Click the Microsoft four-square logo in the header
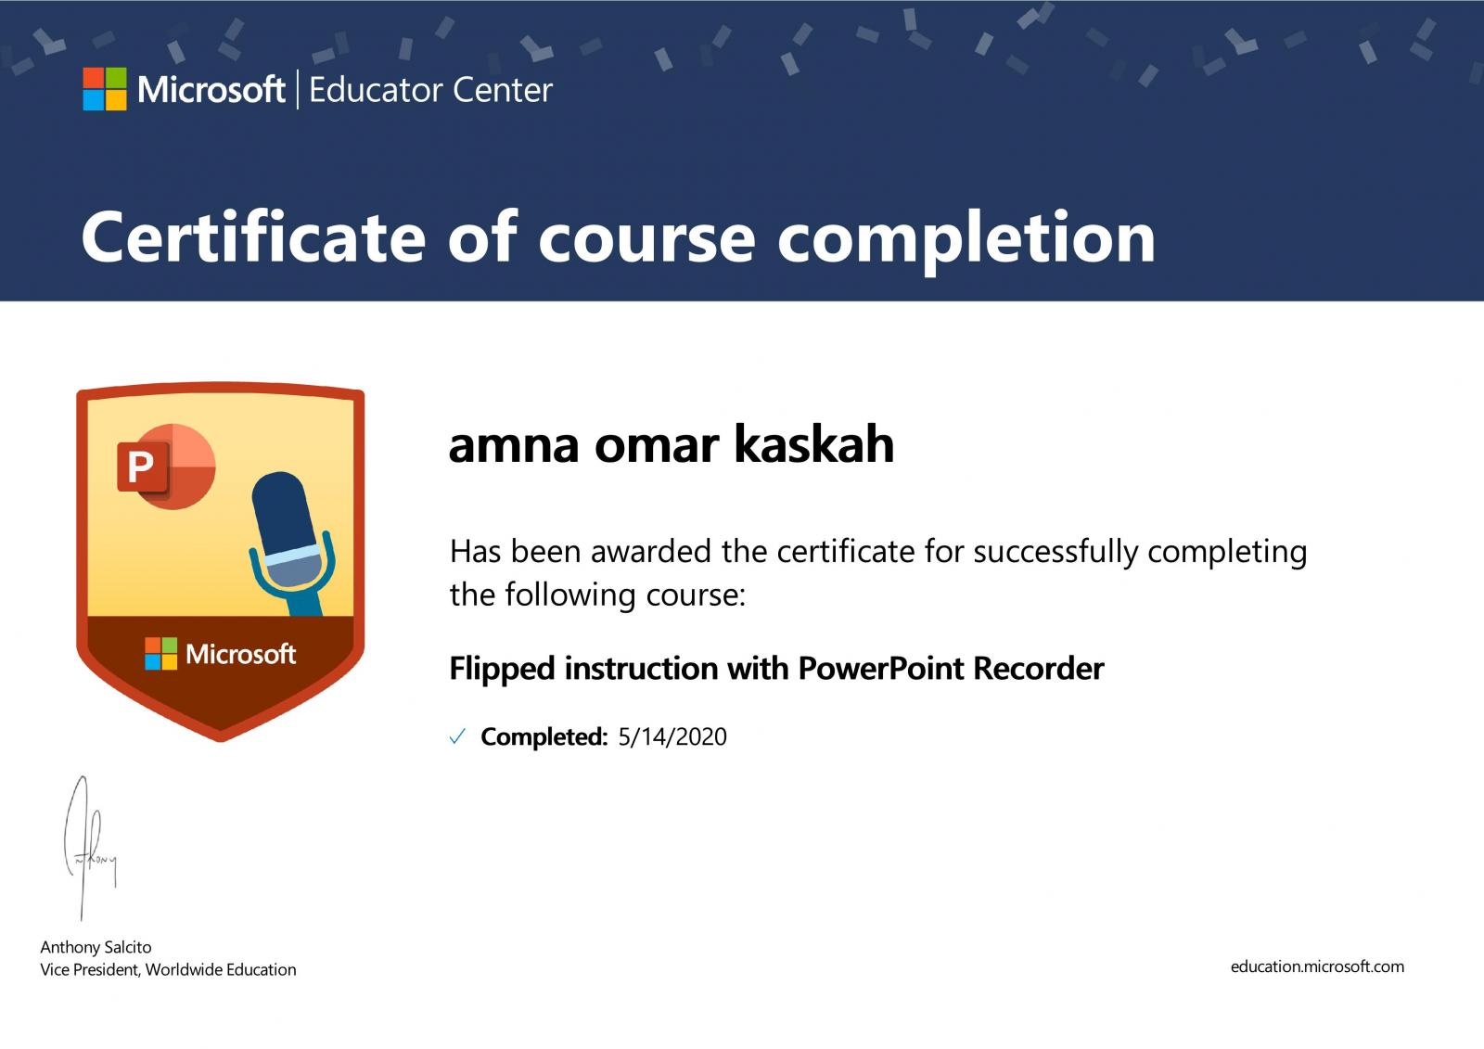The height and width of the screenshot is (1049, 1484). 105,89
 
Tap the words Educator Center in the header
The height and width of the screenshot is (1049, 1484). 430,90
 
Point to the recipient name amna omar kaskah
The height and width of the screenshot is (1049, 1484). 672,444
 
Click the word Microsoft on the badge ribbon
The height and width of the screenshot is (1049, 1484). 240,654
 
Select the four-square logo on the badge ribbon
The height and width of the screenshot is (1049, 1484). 161,653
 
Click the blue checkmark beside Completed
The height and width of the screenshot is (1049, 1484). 457,736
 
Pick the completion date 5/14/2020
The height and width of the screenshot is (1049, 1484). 672,736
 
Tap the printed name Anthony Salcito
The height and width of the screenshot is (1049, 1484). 96,947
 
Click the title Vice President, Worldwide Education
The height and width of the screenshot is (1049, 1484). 168,969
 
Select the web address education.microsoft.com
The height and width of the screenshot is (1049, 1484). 1317,966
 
